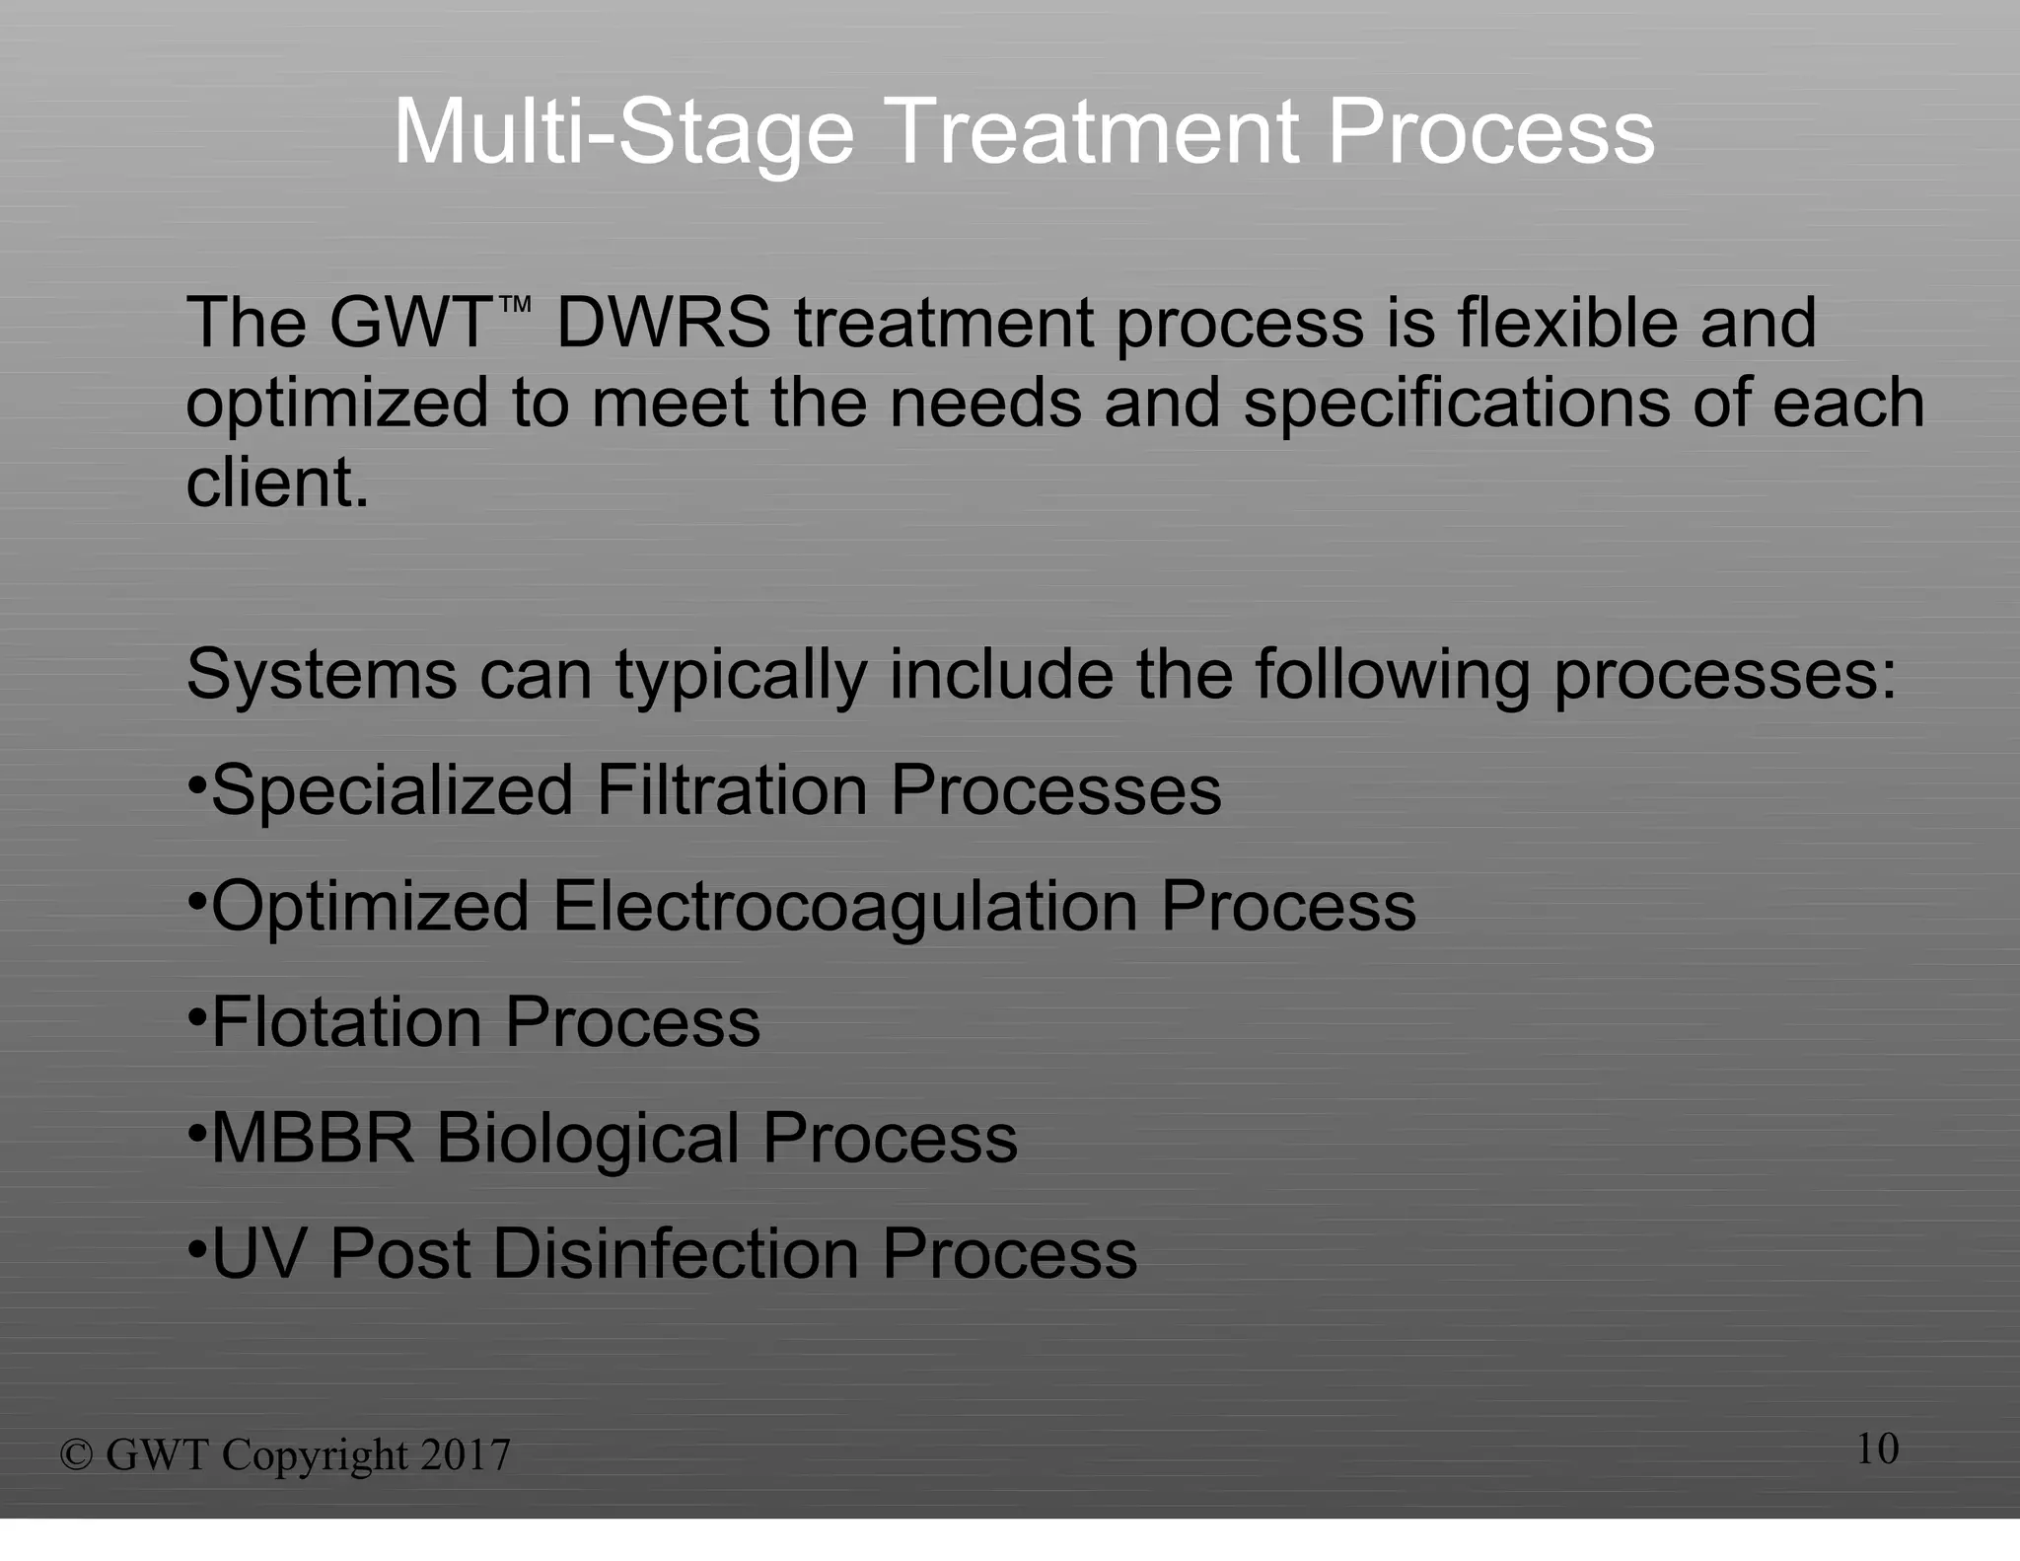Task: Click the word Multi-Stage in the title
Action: point(623,133)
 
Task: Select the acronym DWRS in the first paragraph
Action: point(664,324)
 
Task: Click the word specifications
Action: point(1456,405)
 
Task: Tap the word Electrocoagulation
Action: point(844,908)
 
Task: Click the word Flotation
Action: point(345,1022)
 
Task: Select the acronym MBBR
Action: point(313,1139)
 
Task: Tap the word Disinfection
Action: point(676,1254)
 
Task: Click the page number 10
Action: point(1877,1449)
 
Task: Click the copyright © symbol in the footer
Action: point(76,1455)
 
